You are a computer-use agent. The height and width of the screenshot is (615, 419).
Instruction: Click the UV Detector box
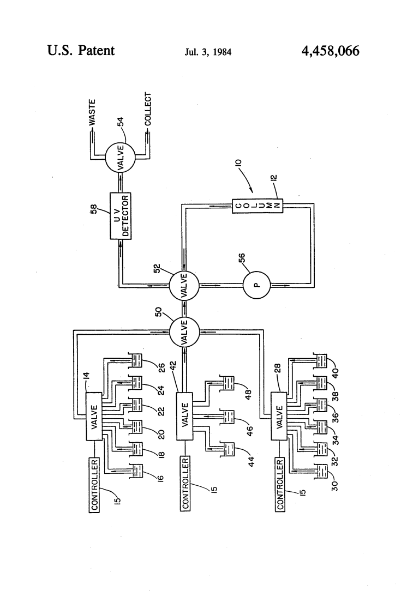[x=121, y=216]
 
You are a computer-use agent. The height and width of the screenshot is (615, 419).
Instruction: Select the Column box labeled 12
[x=258, y=206]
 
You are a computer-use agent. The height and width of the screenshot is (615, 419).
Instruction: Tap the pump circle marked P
[x=256, y=285]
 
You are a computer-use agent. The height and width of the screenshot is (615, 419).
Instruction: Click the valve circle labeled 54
[x=120, y=157]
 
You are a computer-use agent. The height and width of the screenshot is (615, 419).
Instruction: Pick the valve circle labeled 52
[x=184, y=286]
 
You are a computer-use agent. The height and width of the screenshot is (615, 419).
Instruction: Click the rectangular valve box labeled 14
[x=94, y=417]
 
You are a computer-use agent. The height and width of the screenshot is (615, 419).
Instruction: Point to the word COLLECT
[x=148, y=109]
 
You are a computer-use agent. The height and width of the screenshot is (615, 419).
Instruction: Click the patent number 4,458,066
[x=330, y=51]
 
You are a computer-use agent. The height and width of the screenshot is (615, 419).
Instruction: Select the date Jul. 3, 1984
[x=208, y=52]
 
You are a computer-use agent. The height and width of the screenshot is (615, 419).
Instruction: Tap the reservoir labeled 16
[x=135, y=471]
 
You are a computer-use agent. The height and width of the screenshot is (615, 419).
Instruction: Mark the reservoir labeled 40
[x=321, y=360]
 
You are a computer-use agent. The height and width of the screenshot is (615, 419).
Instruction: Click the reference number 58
[x=94, y=210]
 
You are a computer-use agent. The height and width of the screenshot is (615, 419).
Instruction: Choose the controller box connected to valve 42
[x=185, y=483]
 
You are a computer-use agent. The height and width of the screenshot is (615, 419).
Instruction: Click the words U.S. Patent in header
[x=81, y=51]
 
